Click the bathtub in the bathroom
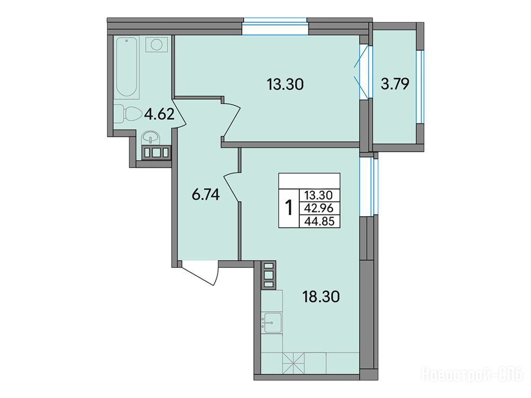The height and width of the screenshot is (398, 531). [127, 68]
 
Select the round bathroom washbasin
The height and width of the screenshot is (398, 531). [150, 137]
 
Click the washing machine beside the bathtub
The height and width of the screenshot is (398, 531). [156, 45]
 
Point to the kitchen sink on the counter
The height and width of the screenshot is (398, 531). [272, 323]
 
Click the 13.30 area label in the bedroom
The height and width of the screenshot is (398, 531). [285, 84]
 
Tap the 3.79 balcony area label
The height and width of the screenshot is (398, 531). [395, 83]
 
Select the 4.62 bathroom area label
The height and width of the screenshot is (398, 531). [159, 115]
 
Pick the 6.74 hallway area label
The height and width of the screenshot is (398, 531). [206, 195]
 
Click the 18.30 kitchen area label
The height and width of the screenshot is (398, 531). [320, 297]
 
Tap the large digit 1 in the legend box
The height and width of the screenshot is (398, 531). [288, 207]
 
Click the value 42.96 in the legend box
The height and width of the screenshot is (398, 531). [319, 208]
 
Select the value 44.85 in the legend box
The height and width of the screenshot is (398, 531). [319, 221]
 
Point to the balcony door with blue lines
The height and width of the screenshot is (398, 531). [362, 72]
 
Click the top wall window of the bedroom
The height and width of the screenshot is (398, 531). [275, 26]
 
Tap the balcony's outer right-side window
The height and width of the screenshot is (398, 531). [420, 87]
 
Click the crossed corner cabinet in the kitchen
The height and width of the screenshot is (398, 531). [294, 363]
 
